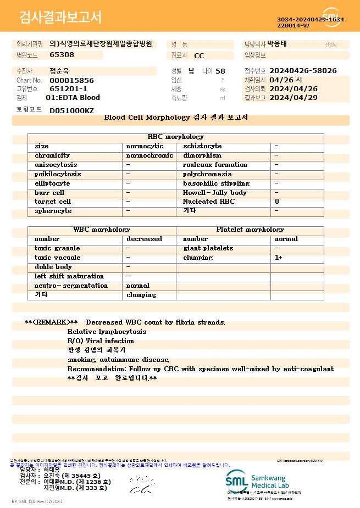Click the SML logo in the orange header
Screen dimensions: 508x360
coord(333,17)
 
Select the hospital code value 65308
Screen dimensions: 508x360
coord(62,54)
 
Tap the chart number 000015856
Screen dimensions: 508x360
coord(71,80)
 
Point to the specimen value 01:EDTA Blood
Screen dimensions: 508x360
coord(73,98)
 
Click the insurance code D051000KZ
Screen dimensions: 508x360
coord(71,110)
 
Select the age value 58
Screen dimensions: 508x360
coord(220,71)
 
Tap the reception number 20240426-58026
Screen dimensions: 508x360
coord(303,71)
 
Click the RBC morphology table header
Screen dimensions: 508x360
coord(176,137)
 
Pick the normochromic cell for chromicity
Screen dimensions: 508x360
coord(149,155)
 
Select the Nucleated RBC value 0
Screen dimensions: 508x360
coord(277,202)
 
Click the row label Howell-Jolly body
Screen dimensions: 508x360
coord(215,193)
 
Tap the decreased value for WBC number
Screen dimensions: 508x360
coord(144,239)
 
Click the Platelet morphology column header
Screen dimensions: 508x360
coord(250,230)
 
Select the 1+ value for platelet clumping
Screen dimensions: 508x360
coord(279,258)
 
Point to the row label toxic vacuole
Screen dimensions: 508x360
coord(57,258)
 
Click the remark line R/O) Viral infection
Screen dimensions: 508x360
coord(101,341)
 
